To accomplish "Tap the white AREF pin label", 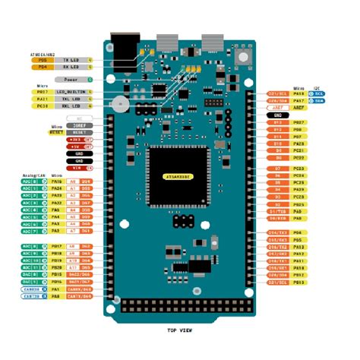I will [276, 108].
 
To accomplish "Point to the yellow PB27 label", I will [298, 122].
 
